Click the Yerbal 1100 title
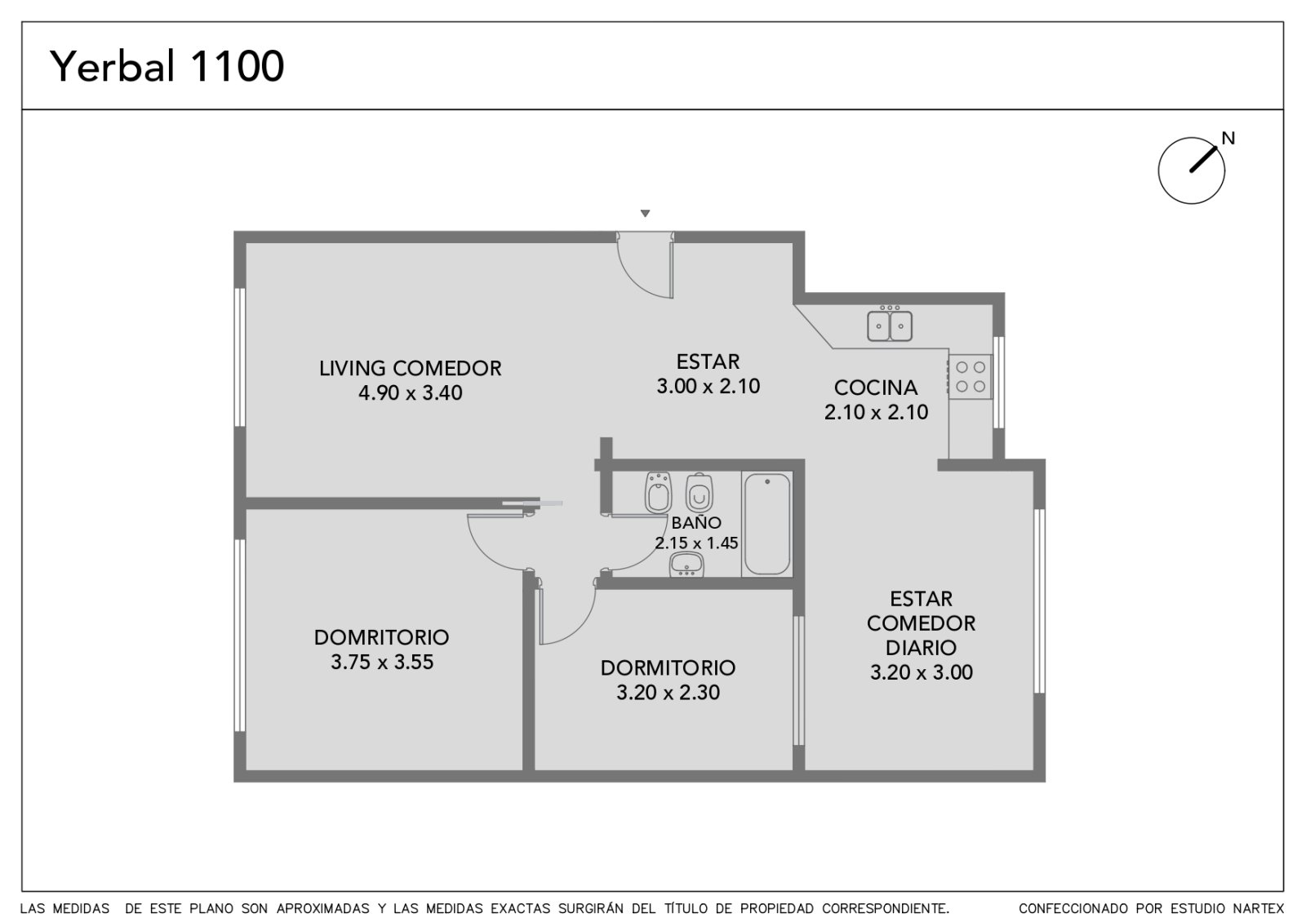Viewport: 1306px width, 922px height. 167,66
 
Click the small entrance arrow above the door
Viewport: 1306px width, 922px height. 645,213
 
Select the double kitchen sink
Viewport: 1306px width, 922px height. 890,326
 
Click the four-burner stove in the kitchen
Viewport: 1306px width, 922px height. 970,376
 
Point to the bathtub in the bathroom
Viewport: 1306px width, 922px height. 767,524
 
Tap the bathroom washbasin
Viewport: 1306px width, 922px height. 686,564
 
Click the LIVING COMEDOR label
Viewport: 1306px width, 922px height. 410,368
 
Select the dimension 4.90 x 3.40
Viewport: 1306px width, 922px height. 410,392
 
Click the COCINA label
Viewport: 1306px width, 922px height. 876,388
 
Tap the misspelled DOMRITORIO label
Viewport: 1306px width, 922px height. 381,637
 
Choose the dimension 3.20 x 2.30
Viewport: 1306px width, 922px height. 669,693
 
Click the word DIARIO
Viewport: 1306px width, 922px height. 921,648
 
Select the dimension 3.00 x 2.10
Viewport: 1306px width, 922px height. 708,386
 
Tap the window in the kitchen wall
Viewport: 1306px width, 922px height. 998,383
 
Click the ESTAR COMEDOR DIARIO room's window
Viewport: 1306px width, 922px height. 1039,601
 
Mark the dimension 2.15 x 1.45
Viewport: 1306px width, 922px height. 696,543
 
